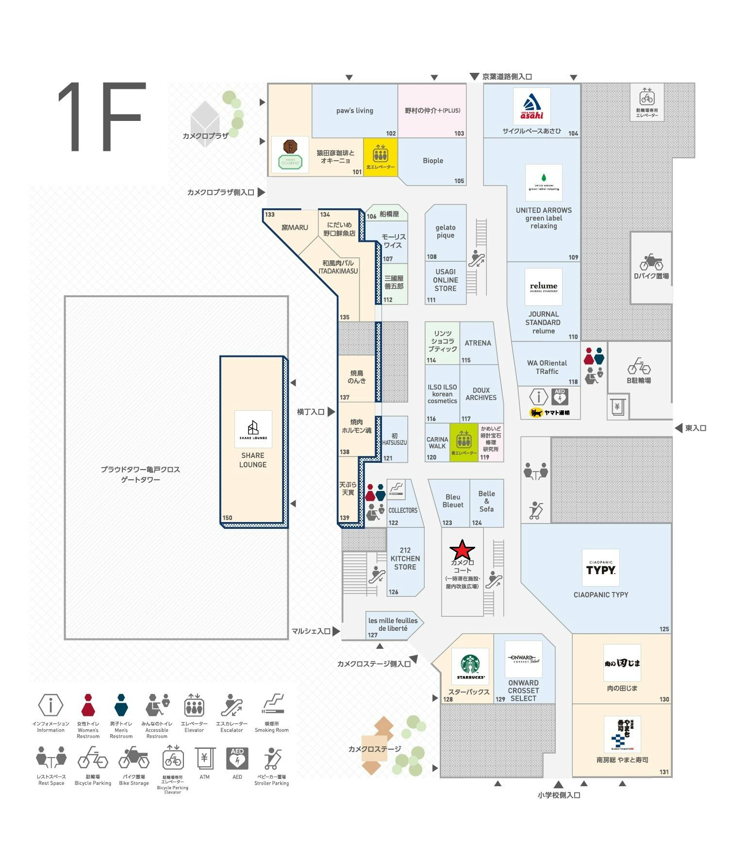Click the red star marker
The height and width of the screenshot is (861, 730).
point(462,551)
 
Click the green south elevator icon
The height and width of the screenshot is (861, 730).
point(464,441)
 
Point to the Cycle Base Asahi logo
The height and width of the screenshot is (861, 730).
point(532,106)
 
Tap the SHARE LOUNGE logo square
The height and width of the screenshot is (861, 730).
point(253,429)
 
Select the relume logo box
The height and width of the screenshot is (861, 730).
point(543,287)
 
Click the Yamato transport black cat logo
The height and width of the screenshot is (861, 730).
point(536,413)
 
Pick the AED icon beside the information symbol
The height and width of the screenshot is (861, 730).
point(560,397)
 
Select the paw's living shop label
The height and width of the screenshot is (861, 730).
point(355,111)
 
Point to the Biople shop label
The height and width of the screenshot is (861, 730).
point(432,161)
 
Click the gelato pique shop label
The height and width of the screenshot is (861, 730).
point(445,231)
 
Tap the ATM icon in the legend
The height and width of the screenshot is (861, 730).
point(204,758)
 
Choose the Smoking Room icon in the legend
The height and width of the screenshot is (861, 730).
point(272,705)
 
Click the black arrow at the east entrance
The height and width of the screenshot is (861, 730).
point(679,428)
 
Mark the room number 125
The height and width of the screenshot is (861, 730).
point(664,629)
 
